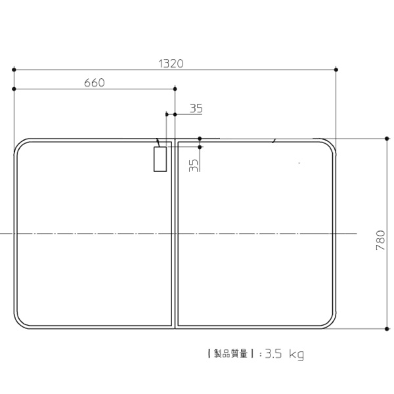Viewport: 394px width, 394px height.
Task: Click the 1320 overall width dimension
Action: pyautogui.click(x=171, y=64)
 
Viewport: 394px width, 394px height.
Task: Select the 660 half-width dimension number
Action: pyautogui.click(x=94, y=83)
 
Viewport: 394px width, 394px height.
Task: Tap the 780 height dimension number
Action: pyautogui.click(x=380, y=240)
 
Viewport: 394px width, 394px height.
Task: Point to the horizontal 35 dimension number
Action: pyautogui.click(x=196, y=108)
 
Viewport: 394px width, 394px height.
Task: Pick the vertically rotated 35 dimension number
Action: pyautogui.click(x=194, y=165)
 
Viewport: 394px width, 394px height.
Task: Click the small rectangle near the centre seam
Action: pyautogui.click(x=160, y=160)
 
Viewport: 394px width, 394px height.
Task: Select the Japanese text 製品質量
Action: pyautogui.click(x=230, y=354)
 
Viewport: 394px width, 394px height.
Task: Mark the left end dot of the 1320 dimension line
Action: pyautogui.click(x=14, y=70)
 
